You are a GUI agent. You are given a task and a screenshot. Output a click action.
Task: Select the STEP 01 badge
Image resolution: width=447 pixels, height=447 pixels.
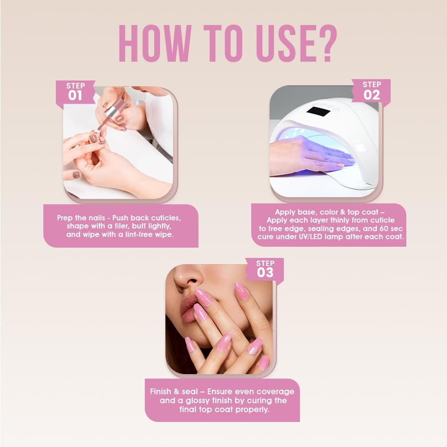tap(75, 92)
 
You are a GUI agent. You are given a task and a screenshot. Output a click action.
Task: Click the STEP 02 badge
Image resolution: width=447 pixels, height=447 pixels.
tap(371, 91)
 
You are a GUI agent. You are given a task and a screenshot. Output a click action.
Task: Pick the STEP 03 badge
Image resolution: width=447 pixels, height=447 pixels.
tap(265, 269)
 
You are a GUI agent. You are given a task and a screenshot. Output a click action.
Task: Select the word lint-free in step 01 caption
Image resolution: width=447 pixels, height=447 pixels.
tap(141, 235)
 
